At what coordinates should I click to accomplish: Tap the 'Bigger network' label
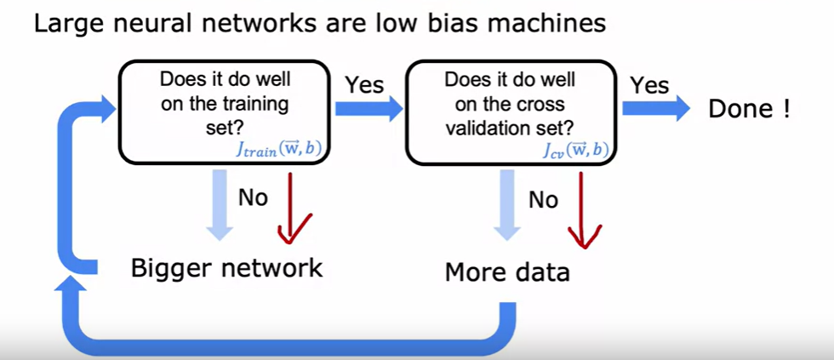point(226,268)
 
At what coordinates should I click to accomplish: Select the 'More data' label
point(507,273)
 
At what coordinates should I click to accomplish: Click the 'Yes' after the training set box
point(363,85)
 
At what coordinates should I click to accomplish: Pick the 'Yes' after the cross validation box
point(648,85)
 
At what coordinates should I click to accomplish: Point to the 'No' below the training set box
point(253,198)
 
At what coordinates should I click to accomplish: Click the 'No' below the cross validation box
point(544,200)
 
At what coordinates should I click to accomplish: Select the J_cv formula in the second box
point(574,151)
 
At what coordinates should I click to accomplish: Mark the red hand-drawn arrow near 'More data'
point(583,213)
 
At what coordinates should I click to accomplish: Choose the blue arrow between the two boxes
point(368,108)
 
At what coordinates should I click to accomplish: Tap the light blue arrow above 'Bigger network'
point(220,204)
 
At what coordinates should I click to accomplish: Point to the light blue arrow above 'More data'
point(509,206)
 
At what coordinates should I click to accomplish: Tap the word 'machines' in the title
point(541,22)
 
